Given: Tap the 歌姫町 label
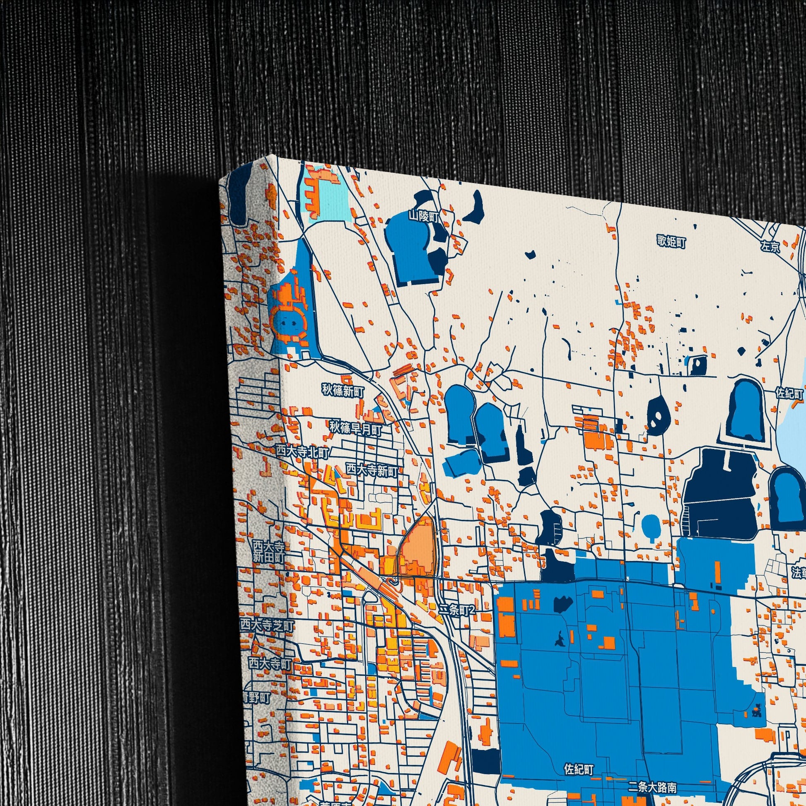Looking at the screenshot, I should [x=671, y=241].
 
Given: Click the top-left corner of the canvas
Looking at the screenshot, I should [x=220, y=179].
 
